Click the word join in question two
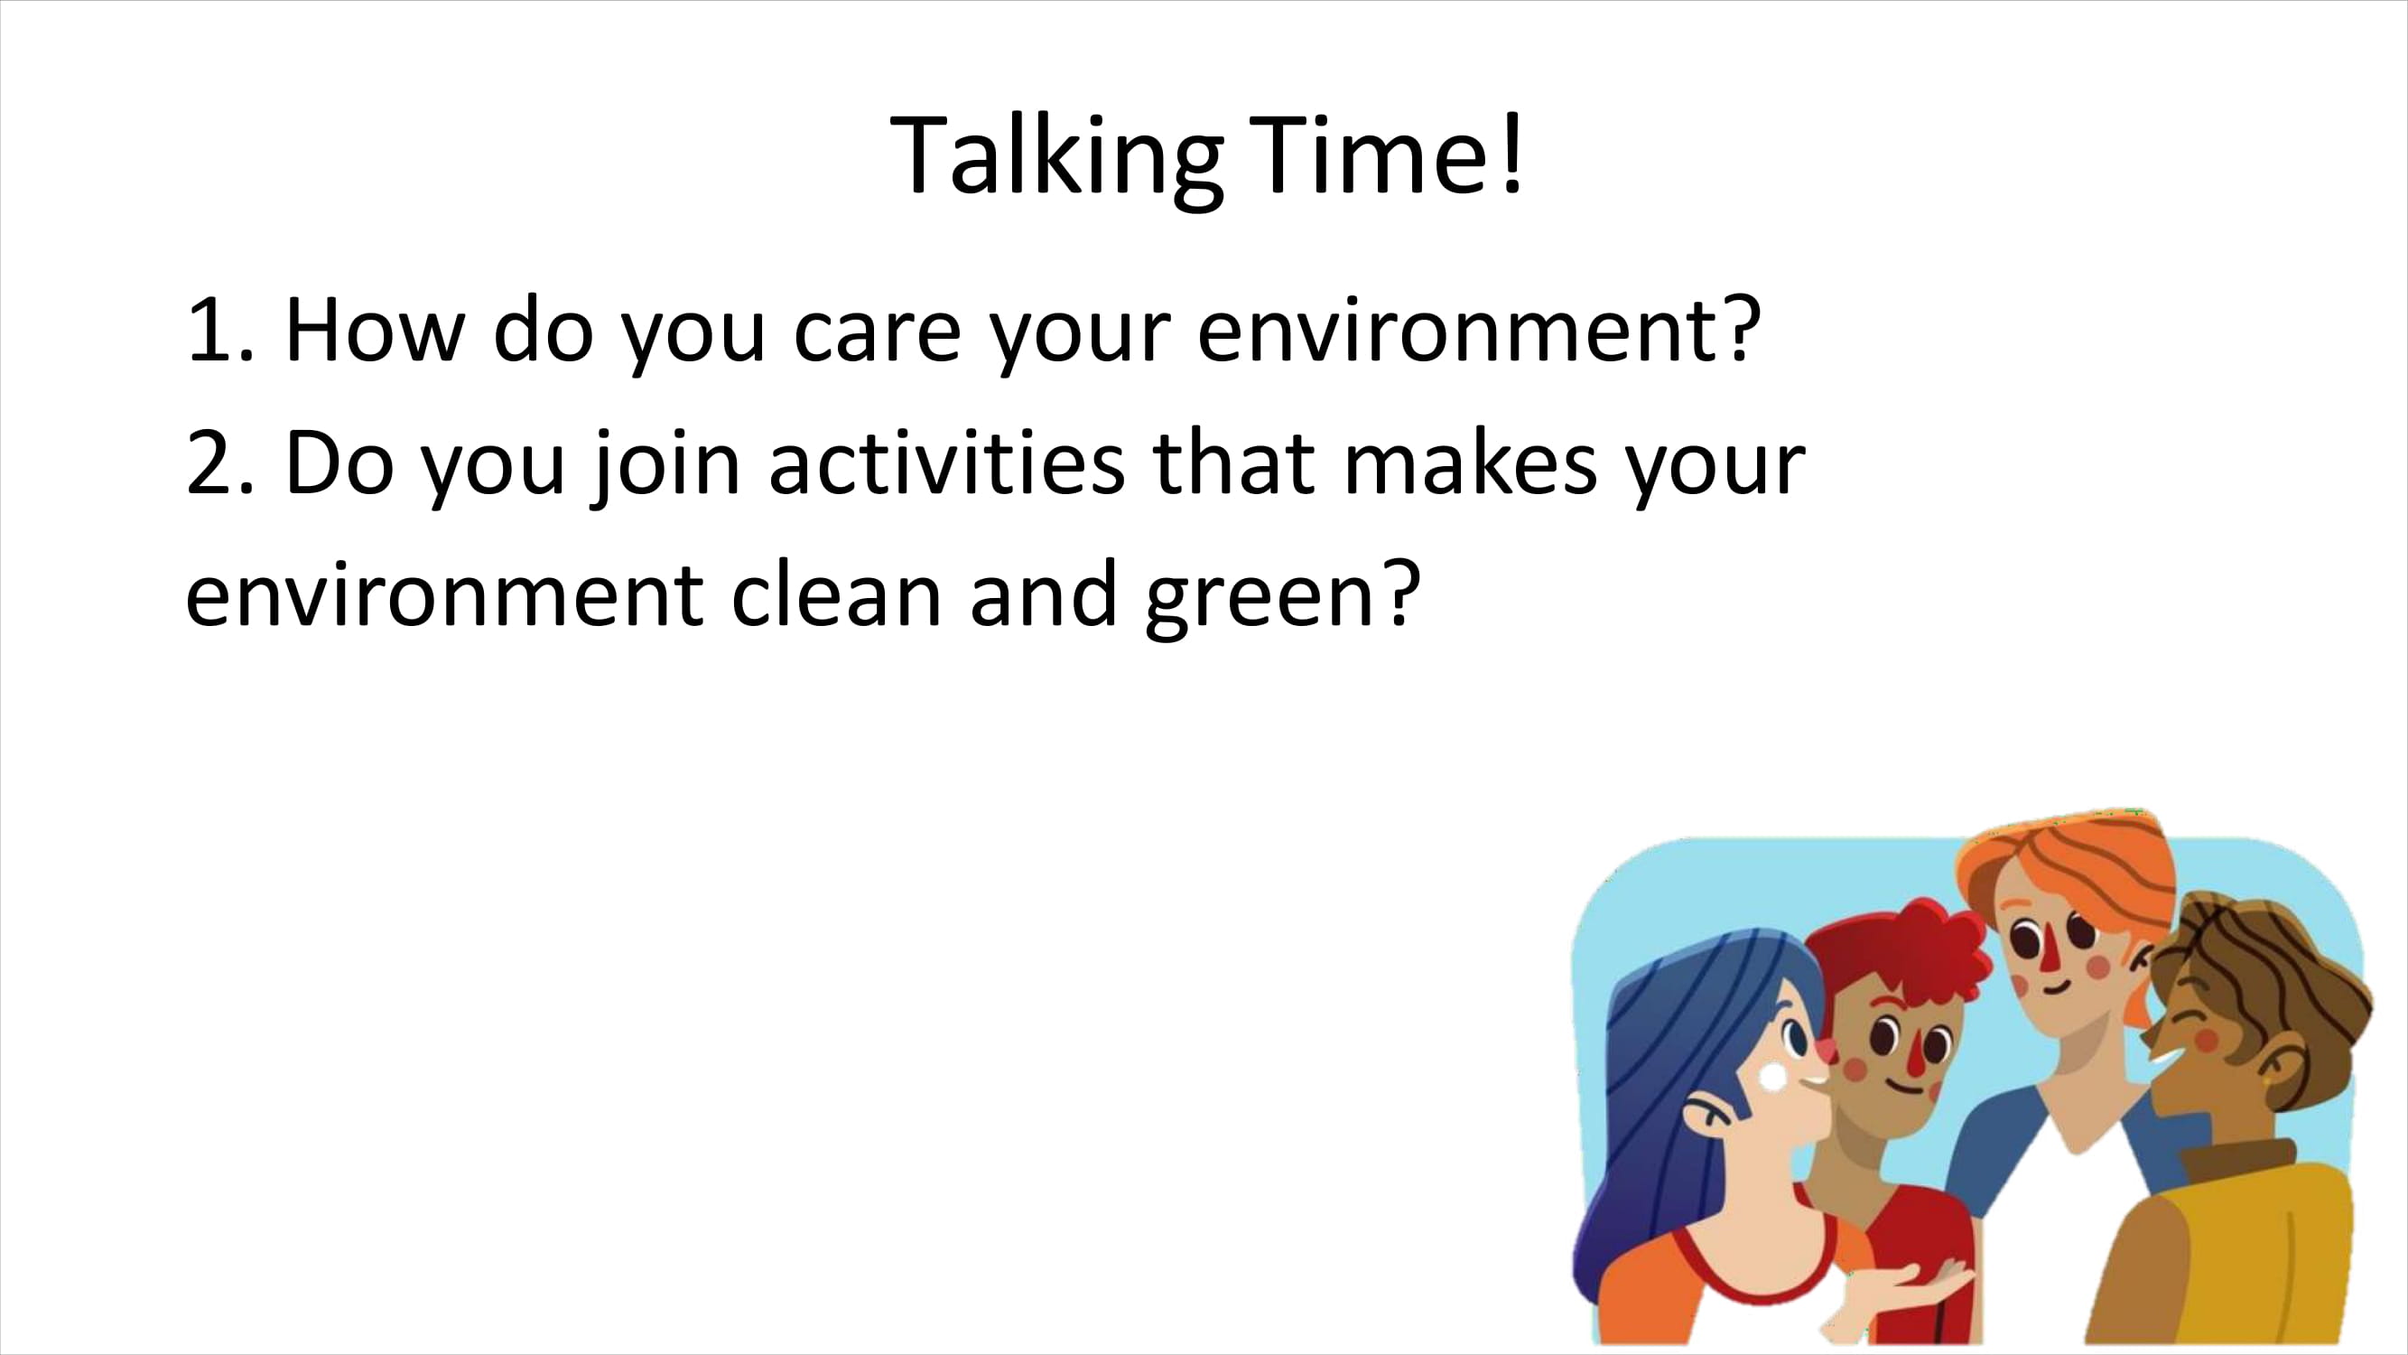(665, 463)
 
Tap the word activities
(947, 462)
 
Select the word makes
(1471, 462)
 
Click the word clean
(836, 594)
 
